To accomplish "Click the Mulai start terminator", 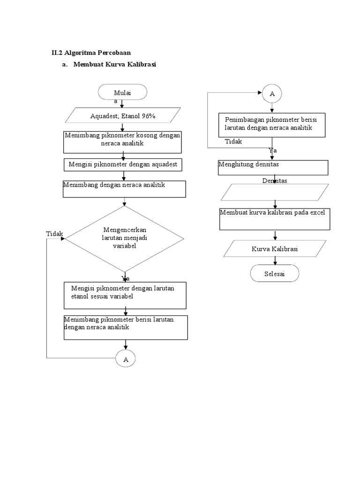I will [122, 92].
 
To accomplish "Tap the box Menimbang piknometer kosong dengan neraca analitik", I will [122, 142].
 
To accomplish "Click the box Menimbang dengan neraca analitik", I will [124, 189].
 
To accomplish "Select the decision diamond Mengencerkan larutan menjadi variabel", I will [124, 239].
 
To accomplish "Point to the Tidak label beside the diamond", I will [54, 234].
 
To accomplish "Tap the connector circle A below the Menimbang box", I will [126, 359].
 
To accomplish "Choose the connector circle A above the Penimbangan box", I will [272, 94].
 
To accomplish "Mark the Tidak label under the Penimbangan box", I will [233, 142].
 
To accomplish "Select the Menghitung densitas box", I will [273, 167].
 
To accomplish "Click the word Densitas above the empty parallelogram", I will [275, 180].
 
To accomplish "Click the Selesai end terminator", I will [274, 273].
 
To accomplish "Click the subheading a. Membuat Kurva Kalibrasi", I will [109, 65].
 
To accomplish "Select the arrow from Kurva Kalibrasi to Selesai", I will [275, 260].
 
